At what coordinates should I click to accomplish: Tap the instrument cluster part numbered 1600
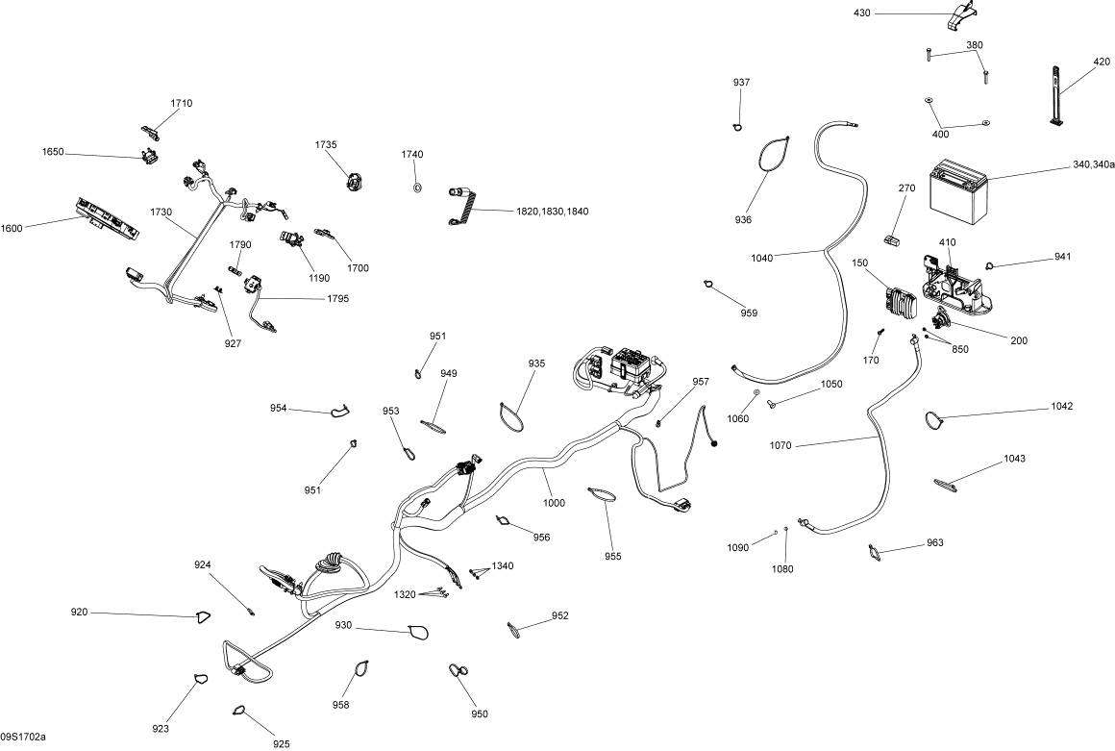point(106,218)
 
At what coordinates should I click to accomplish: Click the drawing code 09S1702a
point(23,737)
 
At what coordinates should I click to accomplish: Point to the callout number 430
point(861,13)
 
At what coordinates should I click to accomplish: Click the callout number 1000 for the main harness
point(553,503)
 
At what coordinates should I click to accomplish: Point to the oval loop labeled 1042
point(933,418)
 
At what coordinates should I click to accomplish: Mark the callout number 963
point(935,543)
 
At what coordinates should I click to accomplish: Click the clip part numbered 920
point(203,616)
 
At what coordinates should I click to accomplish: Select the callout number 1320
point(405,594)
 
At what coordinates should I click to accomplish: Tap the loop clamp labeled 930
point(418,632)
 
